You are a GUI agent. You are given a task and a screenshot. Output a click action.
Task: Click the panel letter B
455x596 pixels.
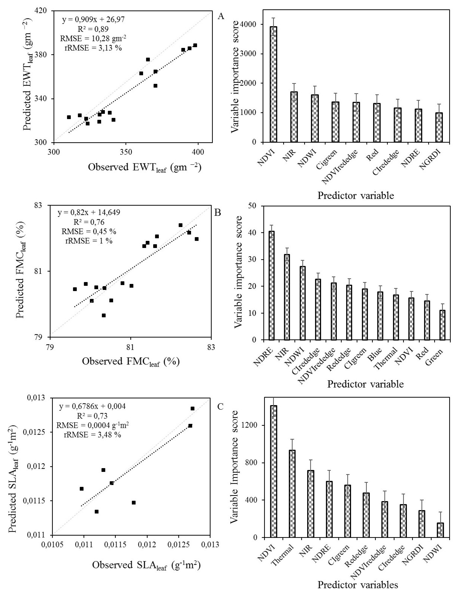218,213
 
